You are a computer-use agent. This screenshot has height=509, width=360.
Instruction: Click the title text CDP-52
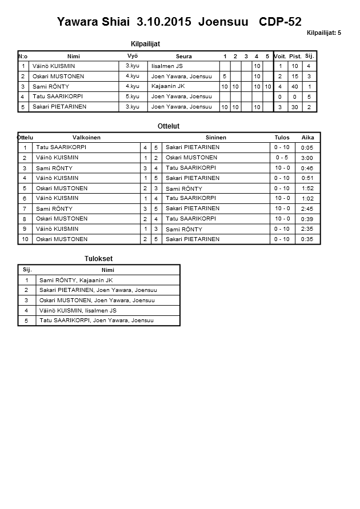pos(280,22)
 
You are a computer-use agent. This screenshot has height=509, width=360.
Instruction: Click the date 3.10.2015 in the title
pos(165,22)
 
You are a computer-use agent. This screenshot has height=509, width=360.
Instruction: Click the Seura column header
pos(183,56)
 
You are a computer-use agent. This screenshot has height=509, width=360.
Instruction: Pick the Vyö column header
pos(133,56)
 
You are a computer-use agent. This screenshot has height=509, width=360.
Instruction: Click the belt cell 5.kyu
pos(133,97)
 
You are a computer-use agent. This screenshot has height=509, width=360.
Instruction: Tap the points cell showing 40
pos(295,86)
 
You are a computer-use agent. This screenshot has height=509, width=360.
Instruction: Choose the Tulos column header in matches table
pos(282,137)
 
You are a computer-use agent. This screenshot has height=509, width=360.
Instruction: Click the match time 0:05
pos(307,147)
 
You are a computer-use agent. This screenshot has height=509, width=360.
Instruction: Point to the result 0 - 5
pos(282,158)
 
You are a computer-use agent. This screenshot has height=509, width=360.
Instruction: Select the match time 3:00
pos(307,158)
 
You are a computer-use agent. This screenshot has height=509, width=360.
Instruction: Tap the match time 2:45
pos(307,209)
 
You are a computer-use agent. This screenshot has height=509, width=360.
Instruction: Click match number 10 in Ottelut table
pos(25,239)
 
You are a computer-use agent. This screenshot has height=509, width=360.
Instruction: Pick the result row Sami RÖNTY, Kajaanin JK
pos(75,280)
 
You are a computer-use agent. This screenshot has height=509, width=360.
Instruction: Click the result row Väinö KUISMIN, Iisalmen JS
pos(78,311)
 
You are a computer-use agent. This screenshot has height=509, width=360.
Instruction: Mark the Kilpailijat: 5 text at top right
pos(323,33)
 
